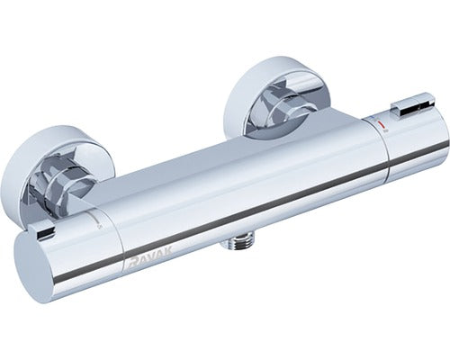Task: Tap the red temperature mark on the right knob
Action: [381, 125]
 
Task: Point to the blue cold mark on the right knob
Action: [372, 118]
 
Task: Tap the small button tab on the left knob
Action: [44, 231]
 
